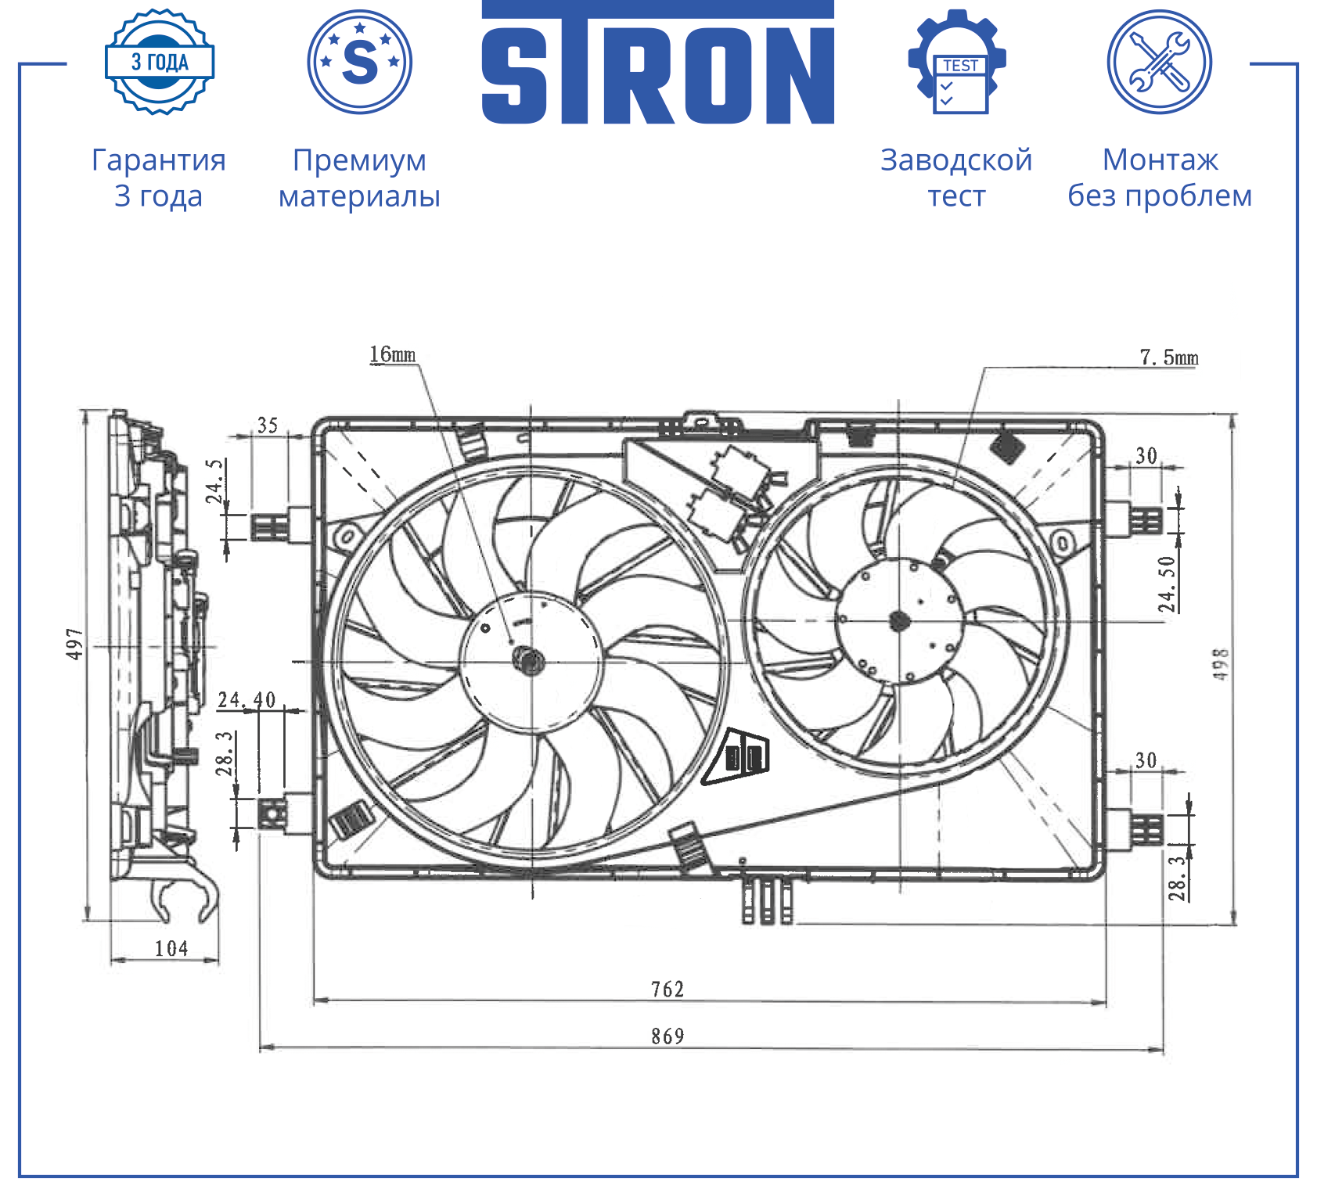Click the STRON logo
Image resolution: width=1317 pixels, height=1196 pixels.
coord(657,63)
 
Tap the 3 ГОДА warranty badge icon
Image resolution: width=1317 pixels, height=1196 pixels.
coord(160,62)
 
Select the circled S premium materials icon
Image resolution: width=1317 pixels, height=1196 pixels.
coord(360,62)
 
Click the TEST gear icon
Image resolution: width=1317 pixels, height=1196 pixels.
coord(957,62)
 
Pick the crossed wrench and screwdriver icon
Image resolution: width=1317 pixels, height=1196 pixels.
coord(1160,62)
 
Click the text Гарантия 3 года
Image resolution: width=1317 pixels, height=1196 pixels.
coord(159,178)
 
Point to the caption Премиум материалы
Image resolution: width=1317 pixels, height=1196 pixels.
coord(360,178)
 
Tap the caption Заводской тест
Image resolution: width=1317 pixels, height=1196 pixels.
coord(956,178)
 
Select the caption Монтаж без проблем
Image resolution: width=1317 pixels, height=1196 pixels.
coord(1160,178)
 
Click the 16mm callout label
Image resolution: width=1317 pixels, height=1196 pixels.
coord(393,354)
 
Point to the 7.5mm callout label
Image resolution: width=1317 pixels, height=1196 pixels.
coord(1169,357)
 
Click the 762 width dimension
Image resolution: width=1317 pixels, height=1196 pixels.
coord(667,989)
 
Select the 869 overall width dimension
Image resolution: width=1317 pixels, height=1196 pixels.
coord(667,1036)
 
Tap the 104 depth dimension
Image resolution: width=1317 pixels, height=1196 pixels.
coord(171,949)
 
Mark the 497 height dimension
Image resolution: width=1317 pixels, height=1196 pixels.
coord(75,644)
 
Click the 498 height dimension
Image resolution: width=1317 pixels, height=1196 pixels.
coord(1221,664)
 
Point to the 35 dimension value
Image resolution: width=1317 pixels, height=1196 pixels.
coord(268,426)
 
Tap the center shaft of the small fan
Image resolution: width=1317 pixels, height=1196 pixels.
coord(899,622)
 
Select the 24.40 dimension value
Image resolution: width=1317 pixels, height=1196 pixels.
coord(246,699)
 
